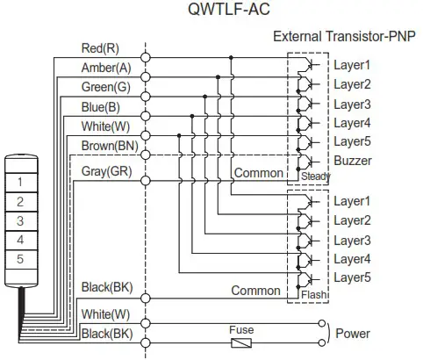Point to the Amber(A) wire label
point(105,67)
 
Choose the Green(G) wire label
point(105,87)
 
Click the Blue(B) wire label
point(101,106)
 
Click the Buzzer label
point(353,161)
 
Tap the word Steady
point(313,176)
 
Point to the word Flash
point(313,296)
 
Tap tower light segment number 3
point(18,221)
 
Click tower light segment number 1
point(18,182)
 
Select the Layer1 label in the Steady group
point(352,65)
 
